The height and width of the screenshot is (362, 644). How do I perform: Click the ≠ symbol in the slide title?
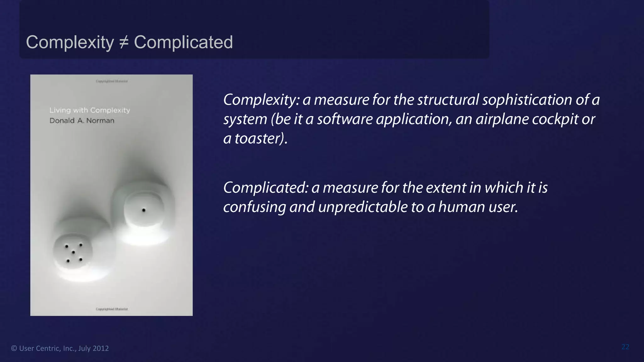[124, 42]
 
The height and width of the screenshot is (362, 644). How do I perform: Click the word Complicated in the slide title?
[183, 42]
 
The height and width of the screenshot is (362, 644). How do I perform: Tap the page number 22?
[625, 347]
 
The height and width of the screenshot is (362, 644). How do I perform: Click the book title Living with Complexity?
[90, 110]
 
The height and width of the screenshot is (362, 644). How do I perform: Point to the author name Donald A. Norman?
[82, 121]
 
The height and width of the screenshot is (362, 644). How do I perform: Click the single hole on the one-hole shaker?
[144, 210]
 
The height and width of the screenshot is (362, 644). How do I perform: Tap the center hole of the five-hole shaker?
[73, 252]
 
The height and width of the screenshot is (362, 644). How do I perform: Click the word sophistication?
[527, 100]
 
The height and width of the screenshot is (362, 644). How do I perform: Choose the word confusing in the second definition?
[254, 207]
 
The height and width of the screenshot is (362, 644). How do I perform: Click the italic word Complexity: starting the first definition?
[261, 100]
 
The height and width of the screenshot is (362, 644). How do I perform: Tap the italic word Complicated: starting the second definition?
[265, 188]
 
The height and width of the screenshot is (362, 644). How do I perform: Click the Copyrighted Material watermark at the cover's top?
[112, 81]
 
